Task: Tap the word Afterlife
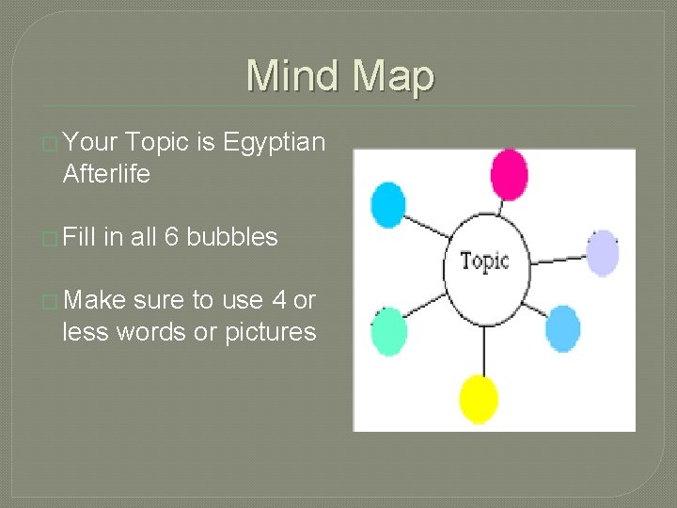coord(106,174)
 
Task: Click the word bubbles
coord(232,237)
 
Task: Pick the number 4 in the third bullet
coord(278,300)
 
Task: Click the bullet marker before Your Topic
coord(50,143)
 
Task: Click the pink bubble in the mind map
coord(509,175)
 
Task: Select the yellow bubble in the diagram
coord(479,399)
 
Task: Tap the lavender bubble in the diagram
coord(603,253)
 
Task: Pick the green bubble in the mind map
coord(388,331)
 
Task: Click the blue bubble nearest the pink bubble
coord(388,204)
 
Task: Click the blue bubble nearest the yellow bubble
coord(562,329)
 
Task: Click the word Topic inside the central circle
coord(485,261)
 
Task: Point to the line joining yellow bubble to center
coord(483,347)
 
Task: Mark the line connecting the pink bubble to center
coord(501,208)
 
